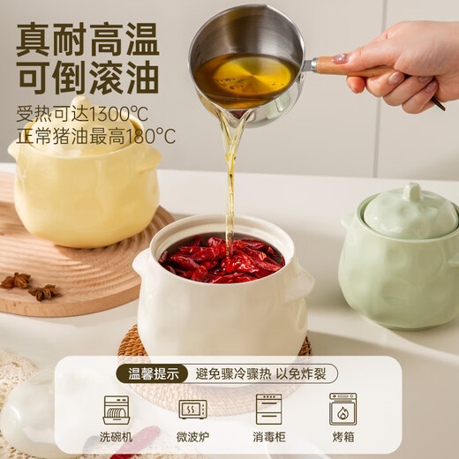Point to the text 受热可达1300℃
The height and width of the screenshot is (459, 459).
tap(82, 114)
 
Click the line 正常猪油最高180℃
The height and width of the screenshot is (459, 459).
tap(95, 136)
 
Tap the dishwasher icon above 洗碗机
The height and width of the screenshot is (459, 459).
tap(116, 409)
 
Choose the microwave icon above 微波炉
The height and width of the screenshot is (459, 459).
tap(192, 409)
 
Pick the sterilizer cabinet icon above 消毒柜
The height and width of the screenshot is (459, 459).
tap(268, 409)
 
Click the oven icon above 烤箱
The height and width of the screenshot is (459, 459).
tap(342, 409)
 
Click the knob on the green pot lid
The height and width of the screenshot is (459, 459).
tap(411, 192)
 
